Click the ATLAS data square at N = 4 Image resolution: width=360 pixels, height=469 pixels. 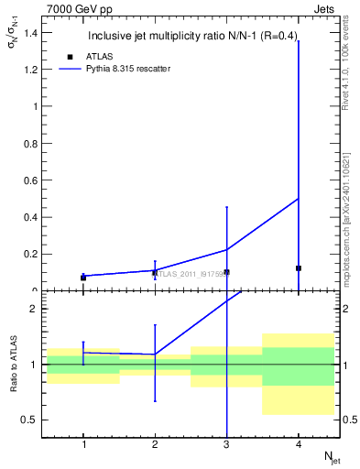(299, 268)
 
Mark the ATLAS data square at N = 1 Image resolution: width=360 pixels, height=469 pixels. (83, 278)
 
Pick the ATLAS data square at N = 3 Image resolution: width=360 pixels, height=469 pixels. (226, 272)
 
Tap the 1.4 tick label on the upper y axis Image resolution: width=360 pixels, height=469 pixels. (30, 33)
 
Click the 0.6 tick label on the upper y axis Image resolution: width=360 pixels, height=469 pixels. (30, 180)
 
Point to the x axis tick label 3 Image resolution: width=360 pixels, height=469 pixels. (226, 444)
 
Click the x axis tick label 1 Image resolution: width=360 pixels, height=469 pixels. (83, 444)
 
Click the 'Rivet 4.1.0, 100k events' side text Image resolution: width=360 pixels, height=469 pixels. (349, 65)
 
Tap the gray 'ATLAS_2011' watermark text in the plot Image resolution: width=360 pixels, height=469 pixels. (188, 273)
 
